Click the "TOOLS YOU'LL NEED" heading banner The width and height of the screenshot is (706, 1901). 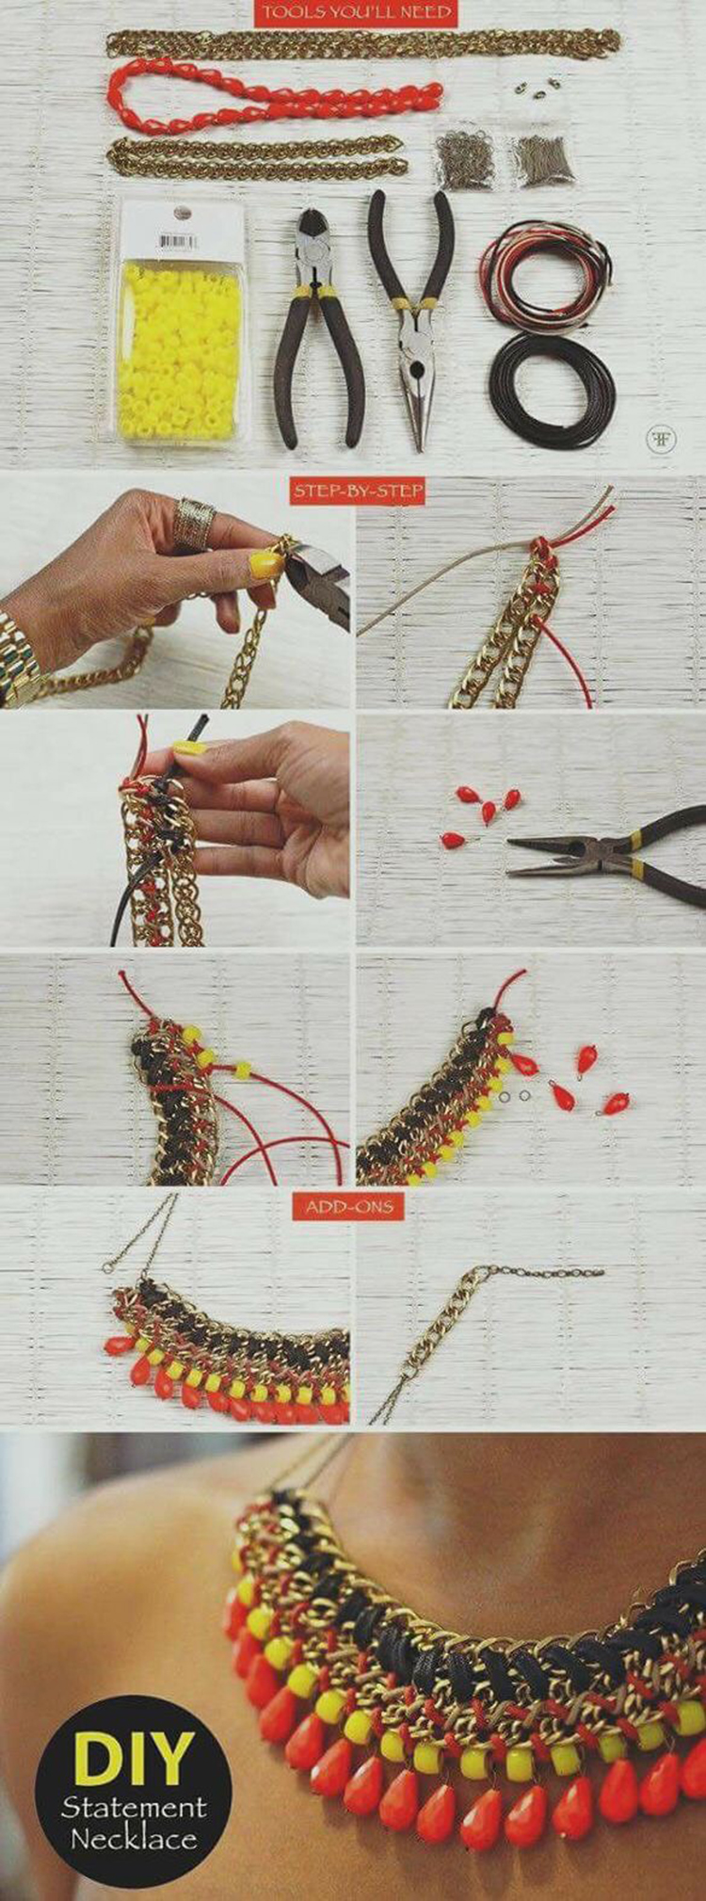point(357,13)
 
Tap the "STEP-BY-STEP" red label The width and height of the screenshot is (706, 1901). point(357,491)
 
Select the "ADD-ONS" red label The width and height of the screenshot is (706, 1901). point(348,1206)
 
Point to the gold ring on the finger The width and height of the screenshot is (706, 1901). point(194,524)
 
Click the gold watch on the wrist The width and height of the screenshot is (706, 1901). point(21,659)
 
